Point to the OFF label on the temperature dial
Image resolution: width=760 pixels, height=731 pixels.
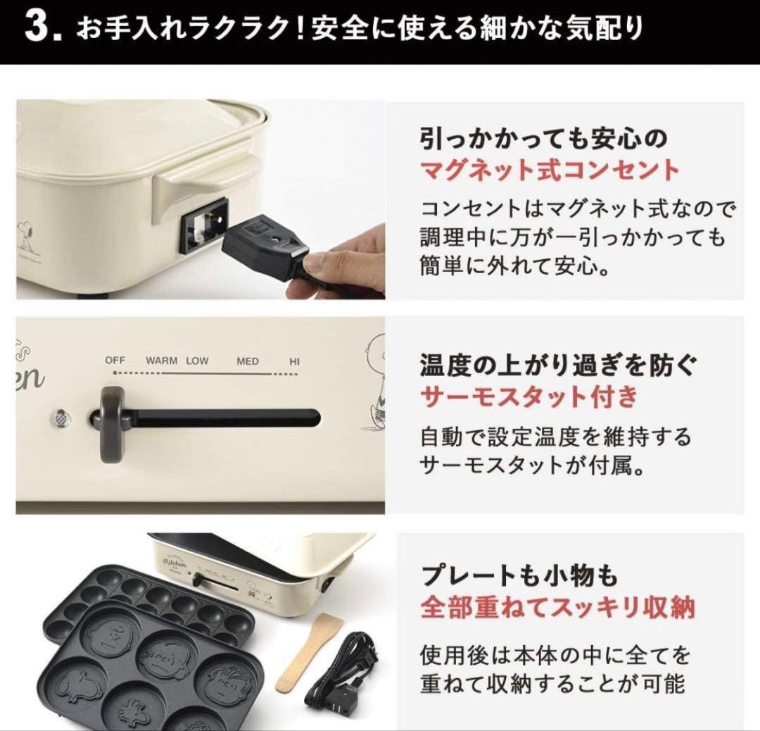(115, 361)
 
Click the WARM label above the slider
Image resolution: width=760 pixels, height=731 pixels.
(161, 361)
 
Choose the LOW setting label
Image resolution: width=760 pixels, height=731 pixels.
(198, 361)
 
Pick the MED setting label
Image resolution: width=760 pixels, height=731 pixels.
(248, 361)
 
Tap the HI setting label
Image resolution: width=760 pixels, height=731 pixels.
(295, 361)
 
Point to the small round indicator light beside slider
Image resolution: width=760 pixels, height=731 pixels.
(61, 418)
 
